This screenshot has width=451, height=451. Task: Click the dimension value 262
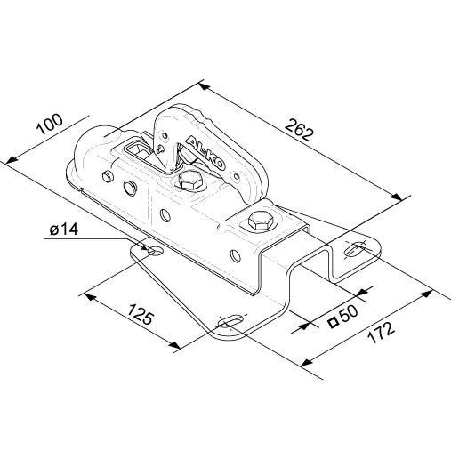tap(299, 130)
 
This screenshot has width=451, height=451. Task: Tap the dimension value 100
tap(50, 124)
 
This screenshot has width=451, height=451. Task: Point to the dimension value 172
tap(381, 333)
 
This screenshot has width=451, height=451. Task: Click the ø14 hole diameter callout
tap(64, 230)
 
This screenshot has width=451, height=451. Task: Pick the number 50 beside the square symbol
tap(350, 313)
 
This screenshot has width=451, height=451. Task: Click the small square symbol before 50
tap(334, 321)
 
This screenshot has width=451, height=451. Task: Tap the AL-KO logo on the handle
tap(205, 153)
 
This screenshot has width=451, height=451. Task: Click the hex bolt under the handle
tap(191, 181)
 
